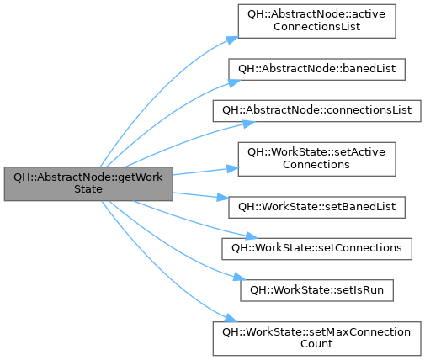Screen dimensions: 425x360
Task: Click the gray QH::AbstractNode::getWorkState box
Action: (x=88, y=183)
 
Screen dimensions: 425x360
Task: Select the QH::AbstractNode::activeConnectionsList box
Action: (x=316, y=21)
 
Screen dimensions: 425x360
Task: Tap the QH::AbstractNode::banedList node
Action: (x=316, y=69)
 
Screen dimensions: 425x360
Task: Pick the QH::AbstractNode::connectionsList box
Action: (x=316, y=111)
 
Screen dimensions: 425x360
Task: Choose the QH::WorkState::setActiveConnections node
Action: (x=316, y=159)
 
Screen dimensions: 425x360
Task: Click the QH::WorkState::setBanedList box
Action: (x=316, y=207)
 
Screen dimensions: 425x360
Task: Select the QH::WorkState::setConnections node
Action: (x=316, y=249)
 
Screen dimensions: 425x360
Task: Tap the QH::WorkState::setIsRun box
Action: (x=316, y=290)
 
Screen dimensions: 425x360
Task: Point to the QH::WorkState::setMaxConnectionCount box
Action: (x=316, y=339)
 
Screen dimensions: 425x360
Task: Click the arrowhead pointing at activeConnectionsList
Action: (x=232, y=40)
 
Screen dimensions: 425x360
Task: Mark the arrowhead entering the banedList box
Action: (x=235, y=83)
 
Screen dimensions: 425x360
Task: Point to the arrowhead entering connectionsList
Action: (x=248, y=124)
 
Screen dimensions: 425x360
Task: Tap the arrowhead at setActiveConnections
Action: (x=233, y=168)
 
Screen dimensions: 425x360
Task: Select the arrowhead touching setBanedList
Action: (x=223, y=197)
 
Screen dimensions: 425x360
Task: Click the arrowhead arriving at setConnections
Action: (x=252, y=236)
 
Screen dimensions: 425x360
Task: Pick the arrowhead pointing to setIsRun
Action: (x=239, y=277)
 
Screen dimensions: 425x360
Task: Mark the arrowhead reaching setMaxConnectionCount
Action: (x=231, y=318)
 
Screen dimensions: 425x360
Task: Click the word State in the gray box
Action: (x=88, y=189)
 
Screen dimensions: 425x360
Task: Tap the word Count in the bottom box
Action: (x=316, y=344)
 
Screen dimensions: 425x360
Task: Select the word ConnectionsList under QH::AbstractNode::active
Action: (x=316, y=27)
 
